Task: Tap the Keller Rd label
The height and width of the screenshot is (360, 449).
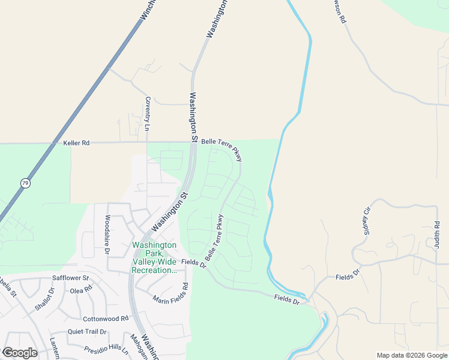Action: pos(76,143)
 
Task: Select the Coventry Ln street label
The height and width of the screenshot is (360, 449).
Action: pos(147,114)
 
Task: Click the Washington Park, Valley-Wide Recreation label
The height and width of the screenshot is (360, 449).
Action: pos(154,257)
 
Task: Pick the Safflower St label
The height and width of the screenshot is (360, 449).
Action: pos(70,278)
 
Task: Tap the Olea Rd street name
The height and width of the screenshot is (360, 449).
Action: pos(81,289)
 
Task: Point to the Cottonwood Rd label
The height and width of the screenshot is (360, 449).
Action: pos(106,319)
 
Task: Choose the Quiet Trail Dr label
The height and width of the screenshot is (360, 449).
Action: pos(87,332)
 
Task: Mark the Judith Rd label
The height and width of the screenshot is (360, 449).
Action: pos(437,233)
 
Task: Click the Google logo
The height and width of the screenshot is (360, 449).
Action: pos(20,353)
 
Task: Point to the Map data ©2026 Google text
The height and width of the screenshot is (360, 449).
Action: pos(412,355)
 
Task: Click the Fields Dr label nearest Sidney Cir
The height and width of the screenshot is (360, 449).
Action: pos(347,277)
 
